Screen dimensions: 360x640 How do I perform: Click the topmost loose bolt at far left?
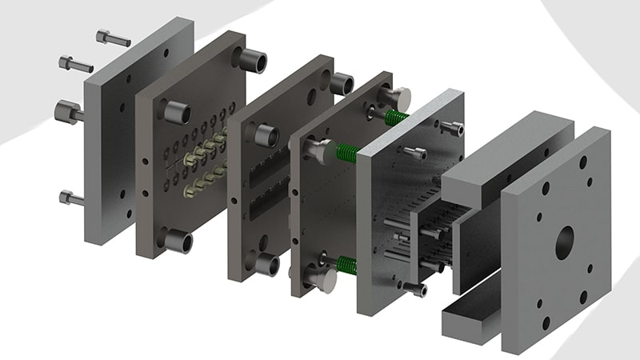pyautogui.click(x=113, y=38)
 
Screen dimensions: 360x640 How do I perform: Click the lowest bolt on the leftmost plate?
pyautogui.click(x=71, y=197)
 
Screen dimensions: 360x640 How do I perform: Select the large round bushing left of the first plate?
pyautogui.click(x=67, y=111)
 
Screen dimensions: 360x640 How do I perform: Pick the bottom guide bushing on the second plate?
pyautogui.click(x=178, y=241)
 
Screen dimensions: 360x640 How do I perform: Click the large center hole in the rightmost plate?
pyautogui.click(x=566, y=238)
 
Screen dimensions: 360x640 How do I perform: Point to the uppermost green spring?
pyautogui.click(x=396, y=118)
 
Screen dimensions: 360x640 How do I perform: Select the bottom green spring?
pyautogui.click(x=346, y=265)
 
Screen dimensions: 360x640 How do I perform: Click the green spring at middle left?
pyautogui.click(x=344, y=151)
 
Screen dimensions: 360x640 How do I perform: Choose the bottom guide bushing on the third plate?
pyautogui.click(x=266, y=265)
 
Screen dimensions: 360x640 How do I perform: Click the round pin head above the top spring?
pyautogui.click(x=397, y=98)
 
